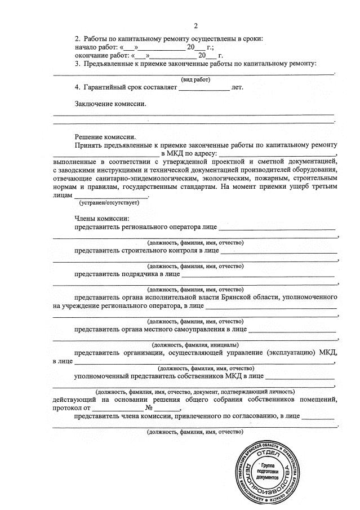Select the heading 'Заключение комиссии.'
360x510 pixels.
pyautogui.click(x=110, y=104)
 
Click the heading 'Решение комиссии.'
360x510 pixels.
pyautogui.click(x=105, y=137)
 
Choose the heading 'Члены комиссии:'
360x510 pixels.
pyautogui.click(x=102, y=219)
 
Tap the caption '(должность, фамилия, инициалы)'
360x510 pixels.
pyautogui.click(x=195, y=344)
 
